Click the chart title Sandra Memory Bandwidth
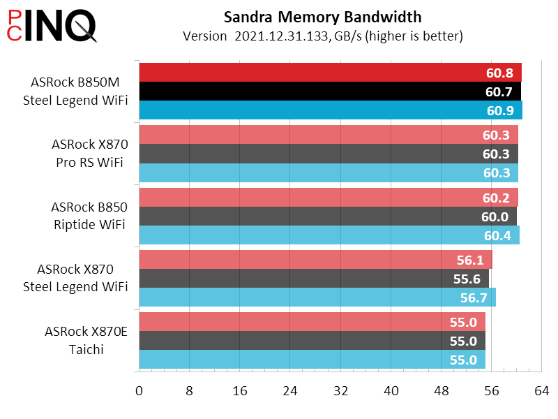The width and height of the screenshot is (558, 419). coord(322,17)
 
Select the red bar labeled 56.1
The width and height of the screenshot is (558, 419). coord(293,260)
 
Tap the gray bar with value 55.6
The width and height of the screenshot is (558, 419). coord(293,279)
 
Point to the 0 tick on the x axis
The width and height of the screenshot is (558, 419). coord(139,392)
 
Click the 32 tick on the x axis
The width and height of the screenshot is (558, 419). coord(341,392)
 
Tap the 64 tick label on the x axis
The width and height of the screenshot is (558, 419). coord(542,392)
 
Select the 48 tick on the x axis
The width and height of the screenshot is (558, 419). coord(442,392)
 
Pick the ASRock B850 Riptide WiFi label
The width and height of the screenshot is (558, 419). coord(88,216)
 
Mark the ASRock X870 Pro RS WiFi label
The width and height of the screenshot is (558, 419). coord(89,154)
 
